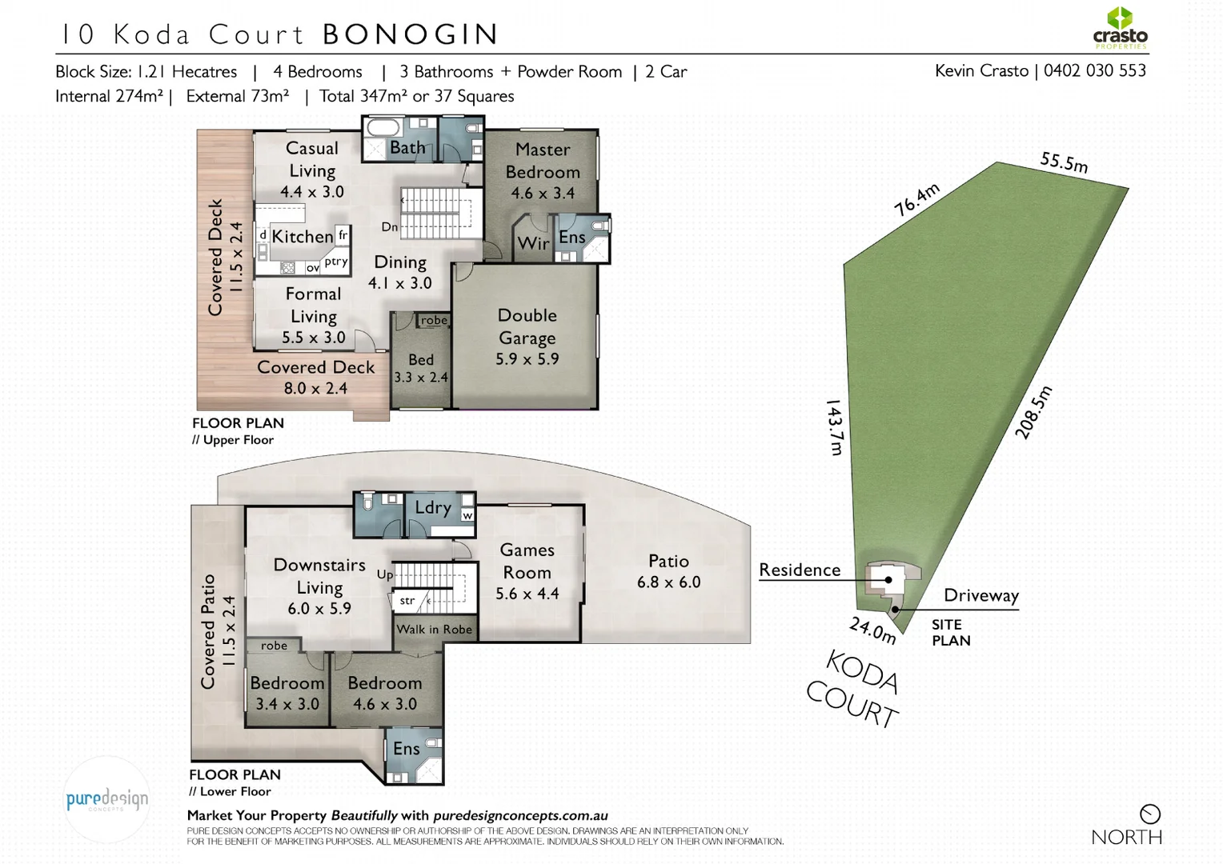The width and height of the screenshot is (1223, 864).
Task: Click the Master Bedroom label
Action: (543, 161)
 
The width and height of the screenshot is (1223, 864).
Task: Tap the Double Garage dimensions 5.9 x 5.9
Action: (527, 359)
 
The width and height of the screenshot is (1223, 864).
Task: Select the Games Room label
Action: (527, 561)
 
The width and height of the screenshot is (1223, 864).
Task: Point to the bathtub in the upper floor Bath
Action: (383, 128)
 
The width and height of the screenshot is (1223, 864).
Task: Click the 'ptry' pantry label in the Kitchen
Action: (336, 262)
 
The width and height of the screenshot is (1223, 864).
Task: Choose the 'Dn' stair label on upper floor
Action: (390, 227)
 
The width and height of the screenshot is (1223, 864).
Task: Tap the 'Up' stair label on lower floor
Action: (385, 574)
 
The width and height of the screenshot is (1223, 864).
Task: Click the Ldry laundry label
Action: (433, 508)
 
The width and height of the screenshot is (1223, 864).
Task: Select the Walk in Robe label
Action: (435, 630)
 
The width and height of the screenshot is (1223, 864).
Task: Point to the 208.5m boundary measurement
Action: (1033, 413)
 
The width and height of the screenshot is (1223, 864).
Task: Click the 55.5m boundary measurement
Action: (1064, 162)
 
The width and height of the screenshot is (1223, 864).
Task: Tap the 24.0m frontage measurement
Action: (872, 630)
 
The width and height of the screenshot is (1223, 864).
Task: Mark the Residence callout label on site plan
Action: (800, 570)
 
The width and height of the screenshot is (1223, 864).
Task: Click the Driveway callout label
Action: (980, 595)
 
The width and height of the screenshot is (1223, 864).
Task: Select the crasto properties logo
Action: (1120, 28)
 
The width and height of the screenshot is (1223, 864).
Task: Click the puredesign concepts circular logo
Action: (106, 799)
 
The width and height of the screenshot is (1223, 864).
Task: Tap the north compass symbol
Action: (1150, 814)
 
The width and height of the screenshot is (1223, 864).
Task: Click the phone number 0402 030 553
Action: (1094, 70)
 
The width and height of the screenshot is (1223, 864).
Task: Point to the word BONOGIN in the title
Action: (411, 34)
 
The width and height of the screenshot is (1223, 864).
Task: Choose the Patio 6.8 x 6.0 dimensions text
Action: (668, 582)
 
